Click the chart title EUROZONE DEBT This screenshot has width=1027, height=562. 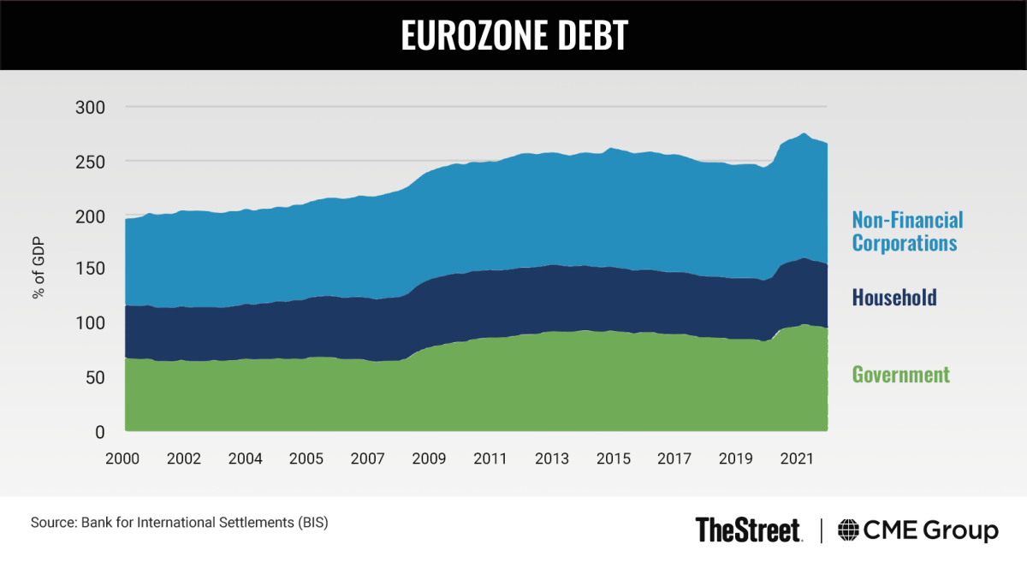point(513,34)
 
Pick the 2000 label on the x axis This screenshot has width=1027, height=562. point(123,458)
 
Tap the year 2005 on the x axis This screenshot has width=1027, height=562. point(306,458)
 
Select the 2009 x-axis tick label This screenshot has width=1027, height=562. point(429,458)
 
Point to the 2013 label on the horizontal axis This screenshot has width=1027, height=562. point(551,458)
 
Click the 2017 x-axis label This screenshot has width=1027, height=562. point(674,458)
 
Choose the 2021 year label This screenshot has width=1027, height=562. point(797,458)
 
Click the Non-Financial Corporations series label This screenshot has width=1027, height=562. point(906,232)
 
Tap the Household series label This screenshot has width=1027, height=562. point(893,298)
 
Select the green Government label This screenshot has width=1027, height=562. point(900,375)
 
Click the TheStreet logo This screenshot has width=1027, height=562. point(748,529)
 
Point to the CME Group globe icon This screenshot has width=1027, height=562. point(849,530)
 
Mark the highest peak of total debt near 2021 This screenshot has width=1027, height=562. point(803,133)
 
